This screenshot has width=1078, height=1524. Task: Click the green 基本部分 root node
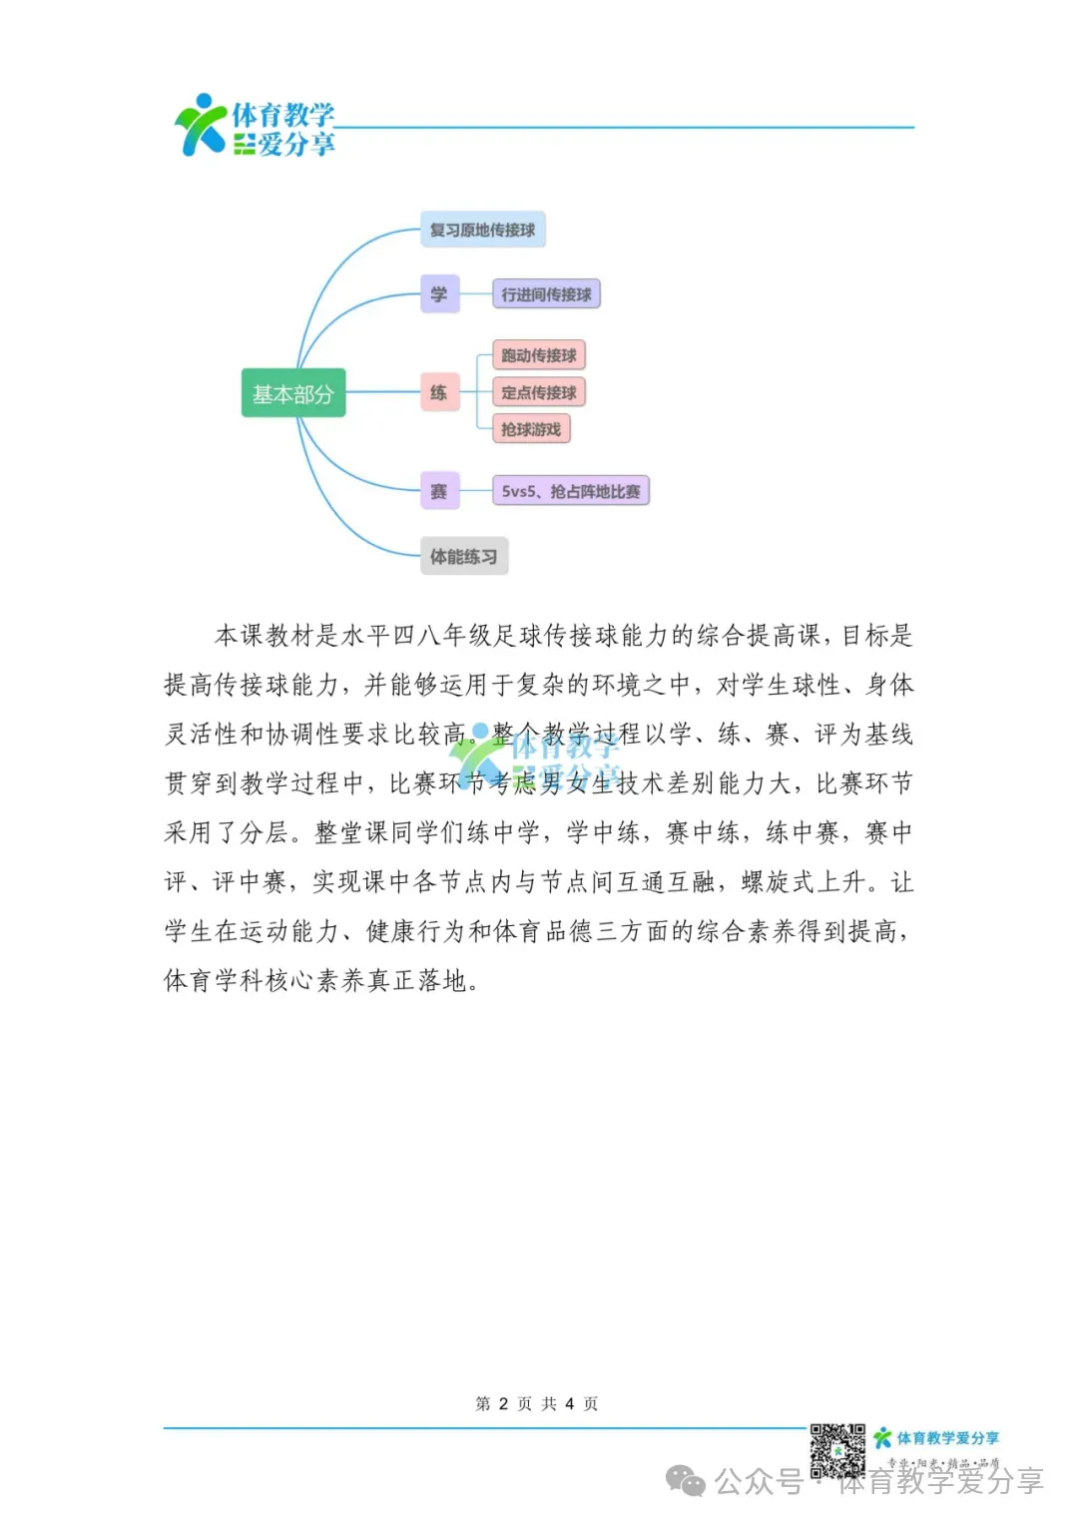tap(292, 393)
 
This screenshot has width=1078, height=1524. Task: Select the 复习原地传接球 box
tap(482, 230)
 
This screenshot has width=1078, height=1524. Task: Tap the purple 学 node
tap(439, 293)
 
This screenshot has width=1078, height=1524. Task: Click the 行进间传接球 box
tap(546, 294)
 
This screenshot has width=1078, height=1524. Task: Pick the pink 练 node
tap(439, 392)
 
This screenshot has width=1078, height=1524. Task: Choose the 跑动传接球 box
tap(539, 355)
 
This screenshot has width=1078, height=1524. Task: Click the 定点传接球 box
tap(539, 392)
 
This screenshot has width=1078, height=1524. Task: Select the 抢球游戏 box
tap(531, 429)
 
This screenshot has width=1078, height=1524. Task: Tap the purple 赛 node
tap(439, 491)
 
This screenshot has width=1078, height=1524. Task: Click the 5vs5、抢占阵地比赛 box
tap(571, 491)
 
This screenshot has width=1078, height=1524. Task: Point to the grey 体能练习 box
tap(463, 556)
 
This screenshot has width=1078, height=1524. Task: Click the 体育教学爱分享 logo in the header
tap(256, 127)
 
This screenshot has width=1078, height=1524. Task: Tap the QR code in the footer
tap(836, 1449)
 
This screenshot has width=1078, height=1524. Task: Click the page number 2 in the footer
tap(503, 1403)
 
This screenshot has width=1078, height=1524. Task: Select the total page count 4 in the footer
tap(569, 1403)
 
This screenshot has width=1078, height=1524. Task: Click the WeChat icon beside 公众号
tap(686, 1481)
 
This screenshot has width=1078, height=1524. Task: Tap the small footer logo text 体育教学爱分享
tap(947, 1438)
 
